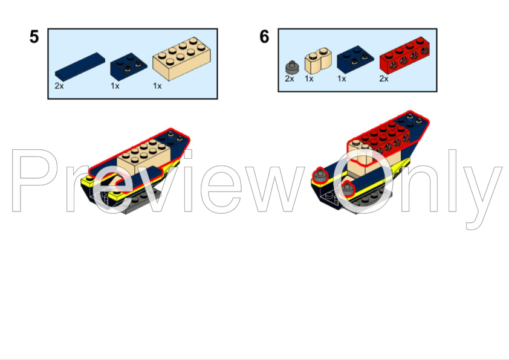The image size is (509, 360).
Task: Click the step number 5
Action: (34, 37)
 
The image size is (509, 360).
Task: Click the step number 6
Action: (264, 36)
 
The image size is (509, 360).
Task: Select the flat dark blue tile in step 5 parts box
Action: (80, 67)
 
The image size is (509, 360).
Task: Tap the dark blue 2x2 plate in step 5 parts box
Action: (129, 66)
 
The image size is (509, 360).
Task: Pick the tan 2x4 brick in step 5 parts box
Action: (181, 59)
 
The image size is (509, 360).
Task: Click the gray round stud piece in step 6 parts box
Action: (292, 68)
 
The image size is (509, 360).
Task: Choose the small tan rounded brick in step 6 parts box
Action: (318, 60)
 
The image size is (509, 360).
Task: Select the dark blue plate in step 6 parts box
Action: (355, 59)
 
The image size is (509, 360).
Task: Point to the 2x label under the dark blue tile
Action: (59, 86)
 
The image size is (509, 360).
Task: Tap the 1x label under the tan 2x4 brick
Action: (157, 86)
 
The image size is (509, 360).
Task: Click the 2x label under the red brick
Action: (384, 79)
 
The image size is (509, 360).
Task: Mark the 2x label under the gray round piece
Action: (290, 79)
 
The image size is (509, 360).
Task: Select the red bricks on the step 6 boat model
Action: (383, 137)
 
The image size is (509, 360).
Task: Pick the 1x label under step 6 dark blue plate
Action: (342, 79)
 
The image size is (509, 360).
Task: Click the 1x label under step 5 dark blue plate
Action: (115, 86)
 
